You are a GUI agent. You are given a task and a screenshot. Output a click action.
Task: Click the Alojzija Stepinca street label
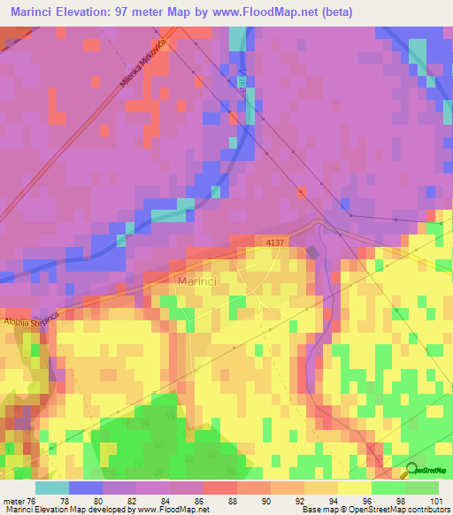pos(31,320)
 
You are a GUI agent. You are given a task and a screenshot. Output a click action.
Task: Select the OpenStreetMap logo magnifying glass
pos(412,471)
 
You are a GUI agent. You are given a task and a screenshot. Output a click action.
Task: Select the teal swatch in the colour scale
pos(52,488)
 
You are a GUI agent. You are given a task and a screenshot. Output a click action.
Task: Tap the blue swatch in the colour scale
pos(86,488)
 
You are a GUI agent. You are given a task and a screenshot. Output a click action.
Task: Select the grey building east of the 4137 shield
pos(311,251)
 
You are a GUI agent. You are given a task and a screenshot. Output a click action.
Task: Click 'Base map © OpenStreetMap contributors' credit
pos(375,510)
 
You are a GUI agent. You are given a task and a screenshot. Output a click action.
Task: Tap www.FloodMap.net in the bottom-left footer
pos(173,510)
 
